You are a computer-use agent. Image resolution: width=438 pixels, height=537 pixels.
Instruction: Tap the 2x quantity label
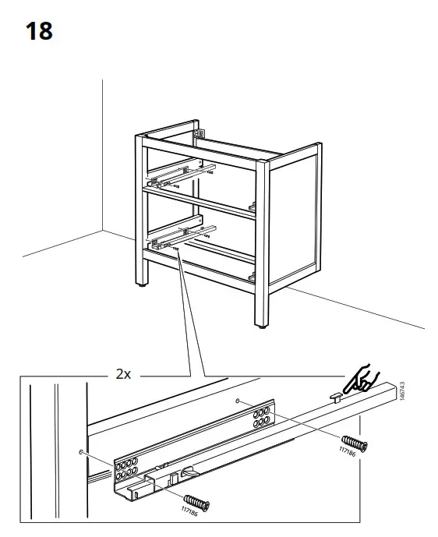click(122, 374)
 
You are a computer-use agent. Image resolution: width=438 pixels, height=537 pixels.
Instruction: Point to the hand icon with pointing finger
click(360, 379)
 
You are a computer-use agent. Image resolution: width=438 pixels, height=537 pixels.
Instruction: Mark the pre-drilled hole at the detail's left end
click(81, 452)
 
